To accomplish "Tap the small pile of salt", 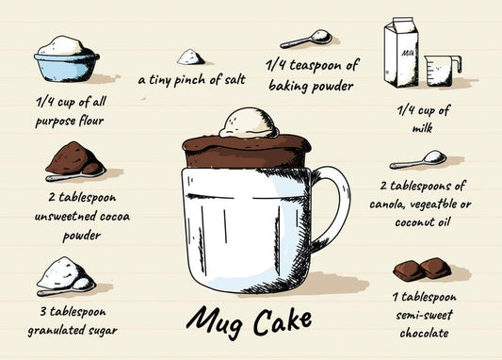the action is tap(191, 57).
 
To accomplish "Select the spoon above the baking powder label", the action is tap(306, 39).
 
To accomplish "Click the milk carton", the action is tap(401, 52).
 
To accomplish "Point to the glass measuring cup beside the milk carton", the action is tap(442, 70).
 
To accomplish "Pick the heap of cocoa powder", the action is tap(75, 158).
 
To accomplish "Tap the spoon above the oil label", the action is tap(418, 160).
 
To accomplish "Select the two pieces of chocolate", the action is tap(422, 269).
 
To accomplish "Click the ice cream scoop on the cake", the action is tap(249, 123).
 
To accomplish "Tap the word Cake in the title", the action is tap(283, 319).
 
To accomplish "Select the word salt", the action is tap(235, 79).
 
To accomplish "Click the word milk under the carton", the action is tap(422, 128).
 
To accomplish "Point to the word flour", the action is tap(91, 121).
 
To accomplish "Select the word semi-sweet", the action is tap(424, 315).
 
